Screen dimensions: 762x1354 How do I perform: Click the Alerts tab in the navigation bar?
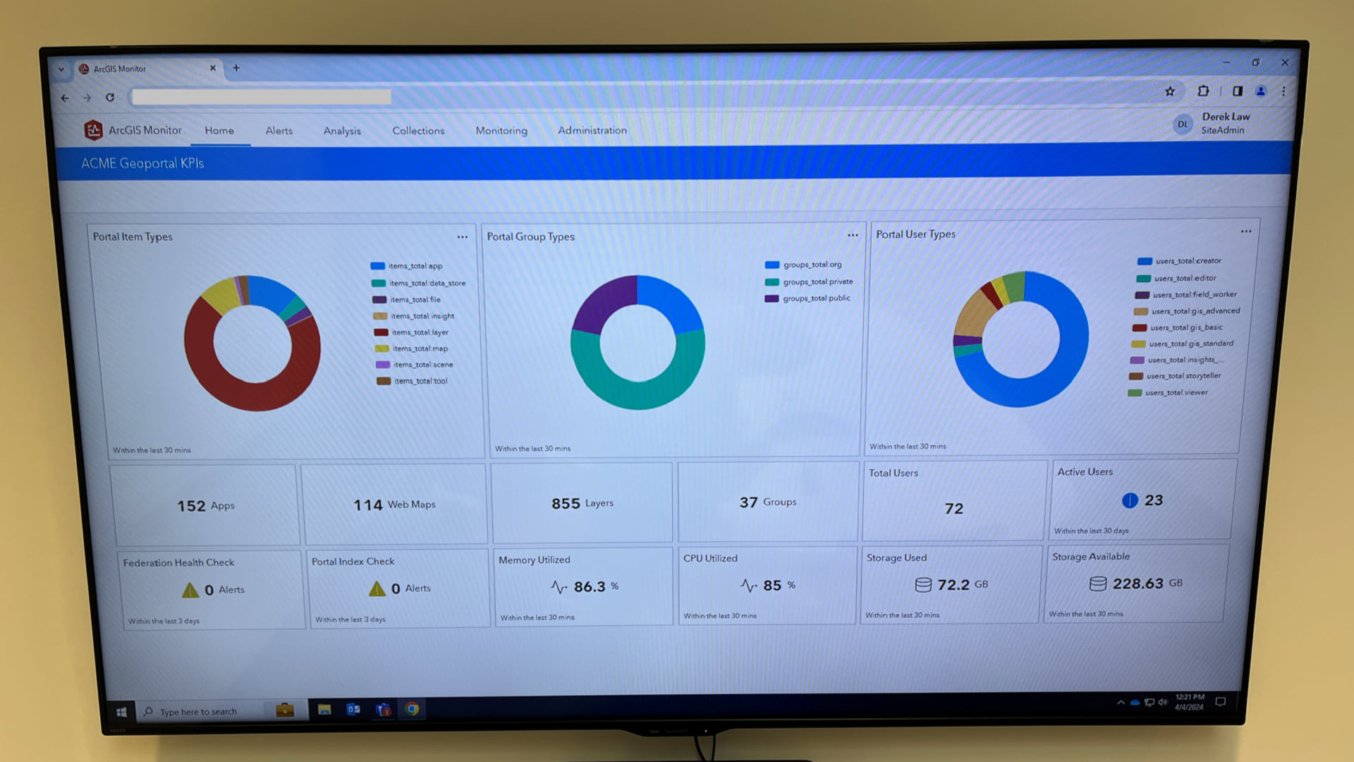279,131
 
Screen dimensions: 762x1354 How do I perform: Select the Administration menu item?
592,130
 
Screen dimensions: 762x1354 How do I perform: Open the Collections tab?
418,131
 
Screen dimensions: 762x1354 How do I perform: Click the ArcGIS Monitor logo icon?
93,130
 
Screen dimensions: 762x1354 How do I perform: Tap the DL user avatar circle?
1183,124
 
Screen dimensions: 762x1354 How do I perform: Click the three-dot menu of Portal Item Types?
462,237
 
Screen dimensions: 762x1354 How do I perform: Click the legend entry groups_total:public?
816,298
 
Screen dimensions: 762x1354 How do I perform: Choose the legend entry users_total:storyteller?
1183,376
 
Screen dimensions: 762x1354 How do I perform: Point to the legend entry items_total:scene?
422,365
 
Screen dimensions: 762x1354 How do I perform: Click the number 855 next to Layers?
566,504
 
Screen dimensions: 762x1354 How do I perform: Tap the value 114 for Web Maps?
367,505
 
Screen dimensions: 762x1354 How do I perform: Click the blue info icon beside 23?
1130,501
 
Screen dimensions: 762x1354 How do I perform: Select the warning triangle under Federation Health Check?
190,590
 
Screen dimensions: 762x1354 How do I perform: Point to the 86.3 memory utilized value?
590,587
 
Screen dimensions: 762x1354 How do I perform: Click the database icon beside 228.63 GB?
1098,584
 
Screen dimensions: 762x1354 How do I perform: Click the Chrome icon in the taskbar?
413,709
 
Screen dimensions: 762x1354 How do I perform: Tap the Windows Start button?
121,712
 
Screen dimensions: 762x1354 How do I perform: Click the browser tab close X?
212,68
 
